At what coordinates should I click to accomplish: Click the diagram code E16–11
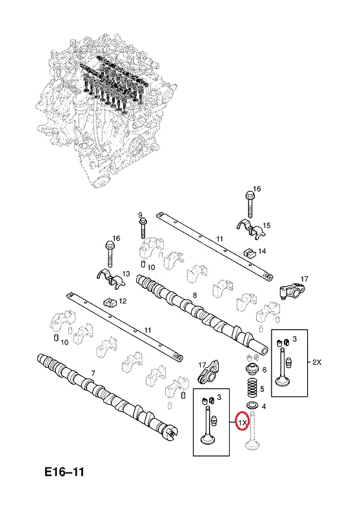(64, 472)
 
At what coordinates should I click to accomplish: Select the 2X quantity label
(317, 362)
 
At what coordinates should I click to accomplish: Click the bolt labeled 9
(143, 228)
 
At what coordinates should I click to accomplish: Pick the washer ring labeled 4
(252, 405)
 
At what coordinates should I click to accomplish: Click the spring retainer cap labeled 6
(252, 370)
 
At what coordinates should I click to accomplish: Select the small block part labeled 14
(248, 252)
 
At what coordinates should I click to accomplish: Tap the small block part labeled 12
(110, 303)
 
